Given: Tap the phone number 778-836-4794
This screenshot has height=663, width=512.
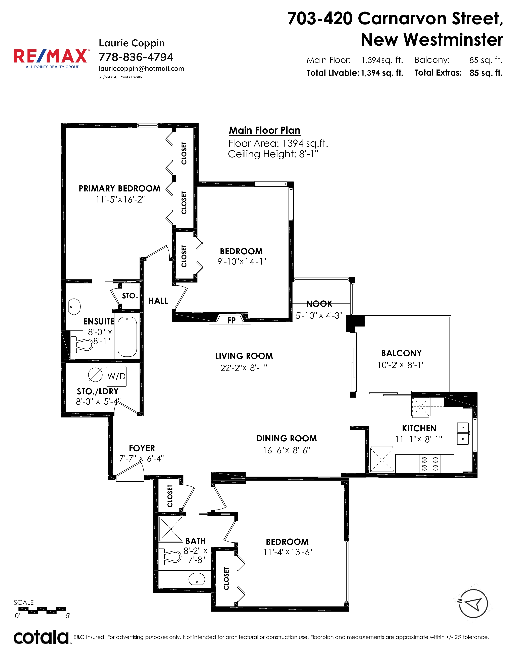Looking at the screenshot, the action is coord(136,57).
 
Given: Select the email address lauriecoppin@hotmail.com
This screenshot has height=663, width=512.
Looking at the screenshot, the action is coord(141,69).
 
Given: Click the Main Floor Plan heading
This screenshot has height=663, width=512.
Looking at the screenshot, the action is coord(264,130).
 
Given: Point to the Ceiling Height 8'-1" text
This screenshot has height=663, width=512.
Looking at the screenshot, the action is coord(273,154).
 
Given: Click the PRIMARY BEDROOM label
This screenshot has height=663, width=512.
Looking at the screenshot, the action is coord(119,188).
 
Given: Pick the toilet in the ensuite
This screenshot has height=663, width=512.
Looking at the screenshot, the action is coord(82,345).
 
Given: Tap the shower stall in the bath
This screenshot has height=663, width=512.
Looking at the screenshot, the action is coord(171,529).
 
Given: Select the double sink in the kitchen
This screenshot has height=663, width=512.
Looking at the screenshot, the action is coord(463,433).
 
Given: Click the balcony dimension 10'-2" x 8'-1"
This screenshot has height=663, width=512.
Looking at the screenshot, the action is coord(401,365).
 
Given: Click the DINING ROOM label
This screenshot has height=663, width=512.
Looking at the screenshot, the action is coord(287,438).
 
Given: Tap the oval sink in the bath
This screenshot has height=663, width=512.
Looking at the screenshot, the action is coord(197,579).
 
